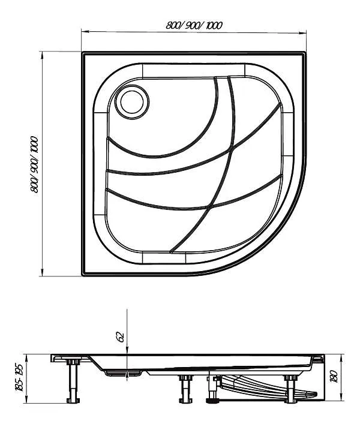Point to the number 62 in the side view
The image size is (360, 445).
click(120, 336)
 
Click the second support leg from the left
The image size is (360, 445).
click(184, 388)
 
